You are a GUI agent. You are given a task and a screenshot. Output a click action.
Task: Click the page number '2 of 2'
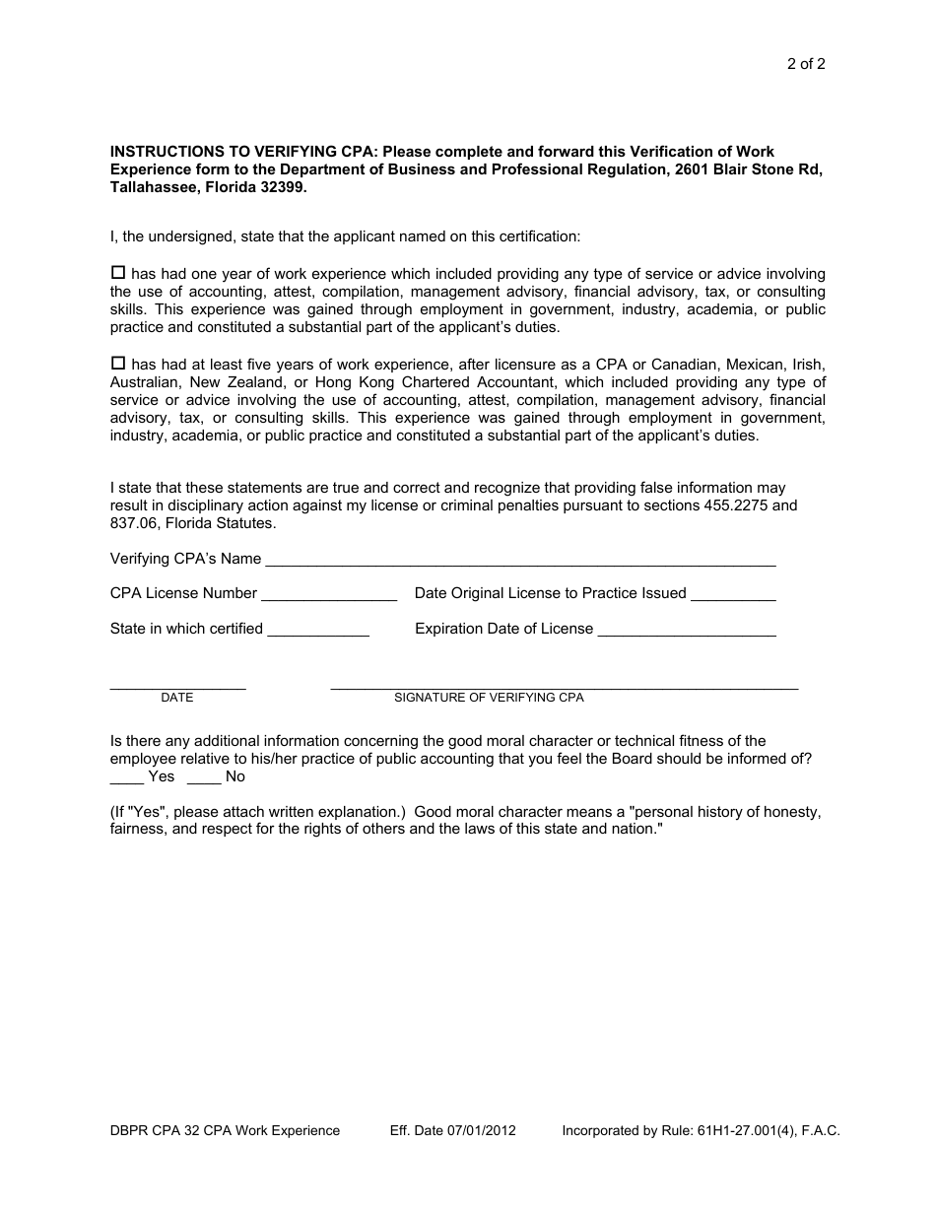tap(805, 65)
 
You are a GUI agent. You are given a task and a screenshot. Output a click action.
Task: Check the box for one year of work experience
tap(118, 272)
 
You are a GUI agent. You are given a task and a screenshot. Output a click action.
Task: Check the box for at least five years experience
tap(118, 363)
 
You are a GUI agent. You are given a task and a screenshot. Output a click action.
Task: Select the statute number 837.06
tap(133, 523)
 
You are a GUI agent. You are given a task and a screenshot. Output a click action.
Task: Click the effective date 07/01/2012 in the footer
tap(480, 1130)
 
